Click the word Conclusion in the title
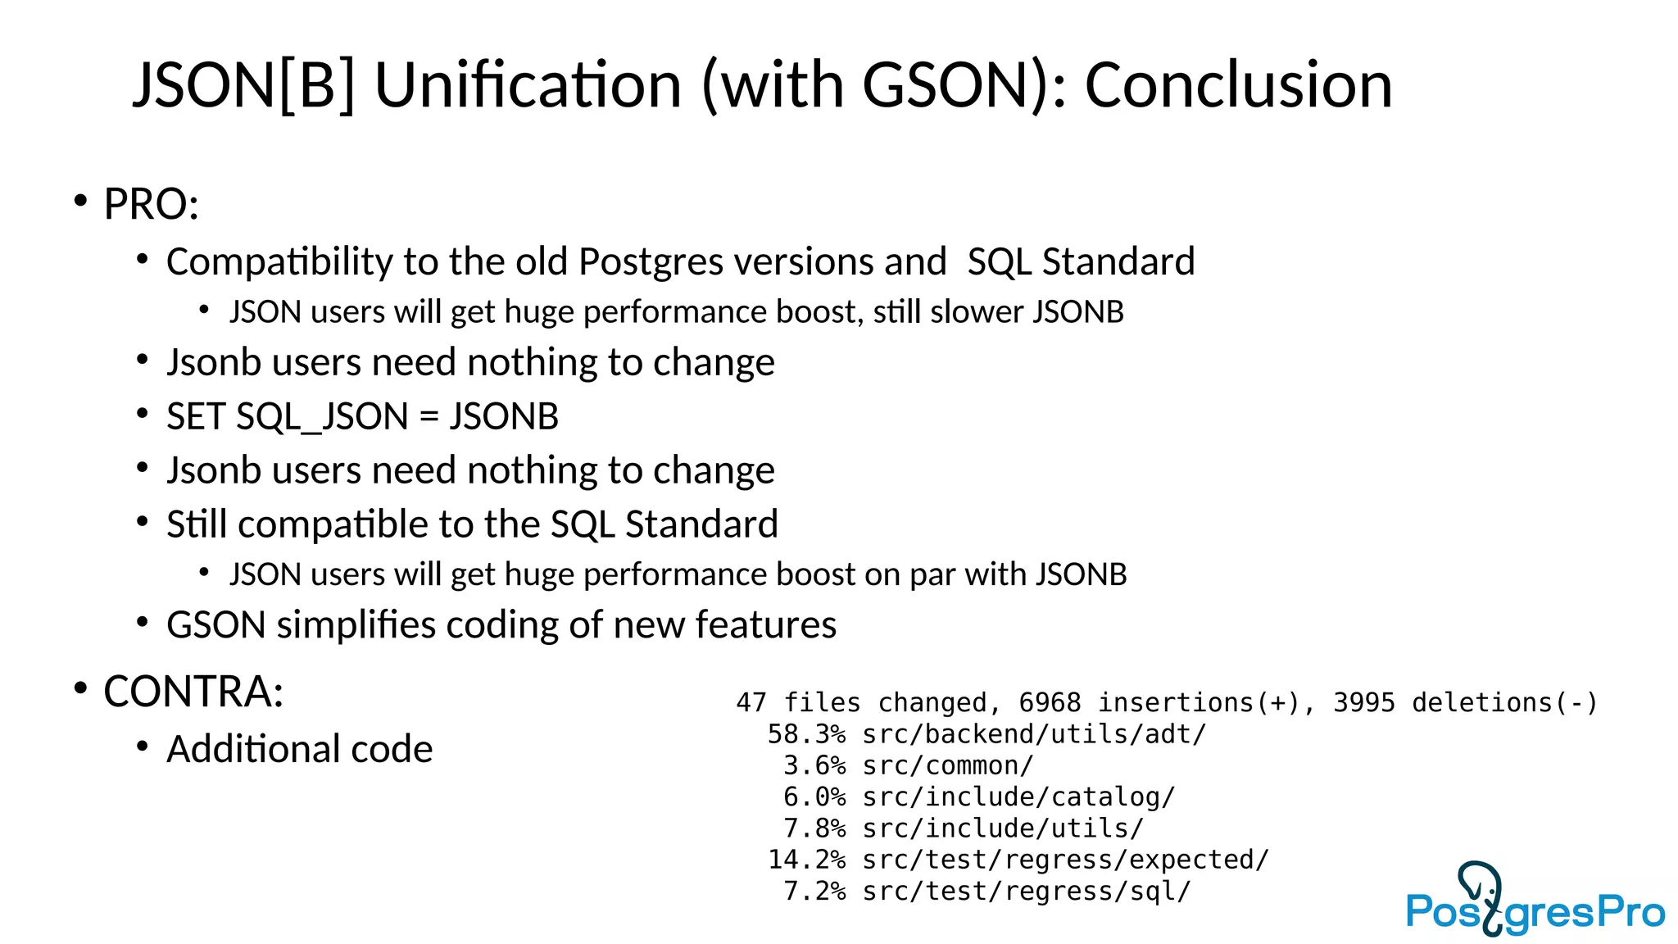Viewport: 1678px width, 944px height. pos(1238,85)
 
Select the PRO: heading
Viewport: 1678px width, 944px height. pos(151,204)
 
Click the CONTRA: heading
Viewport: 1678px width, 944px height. pos(193,691)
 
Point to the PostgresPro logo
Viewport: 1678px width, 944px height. pos(1535,901)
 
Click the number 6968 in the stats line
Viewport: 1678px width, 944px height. pos(1050,702)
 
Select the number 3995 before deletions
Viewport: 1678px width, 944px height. pos(1363,702)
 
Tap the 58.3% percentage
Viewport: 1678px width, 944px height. pos(806,734)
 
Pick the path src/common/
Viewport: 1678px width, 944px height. pos(948,765)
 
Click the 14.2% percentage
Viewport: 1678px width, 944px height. pos(806,860)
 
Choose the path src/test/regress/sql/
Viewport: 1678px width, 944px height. pos(1027,891)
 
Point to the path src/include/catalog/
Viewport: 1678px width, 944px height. pos(1018,796)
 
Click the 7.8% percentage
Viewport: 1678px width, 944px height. pos(814,828)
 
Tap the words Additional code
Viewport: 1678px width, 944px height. pos(299,749)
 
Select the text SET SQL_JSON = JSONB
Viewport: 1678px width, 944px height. pos(362,416)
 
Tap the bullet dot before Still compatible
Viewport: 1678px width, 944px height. pos(143,521)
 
